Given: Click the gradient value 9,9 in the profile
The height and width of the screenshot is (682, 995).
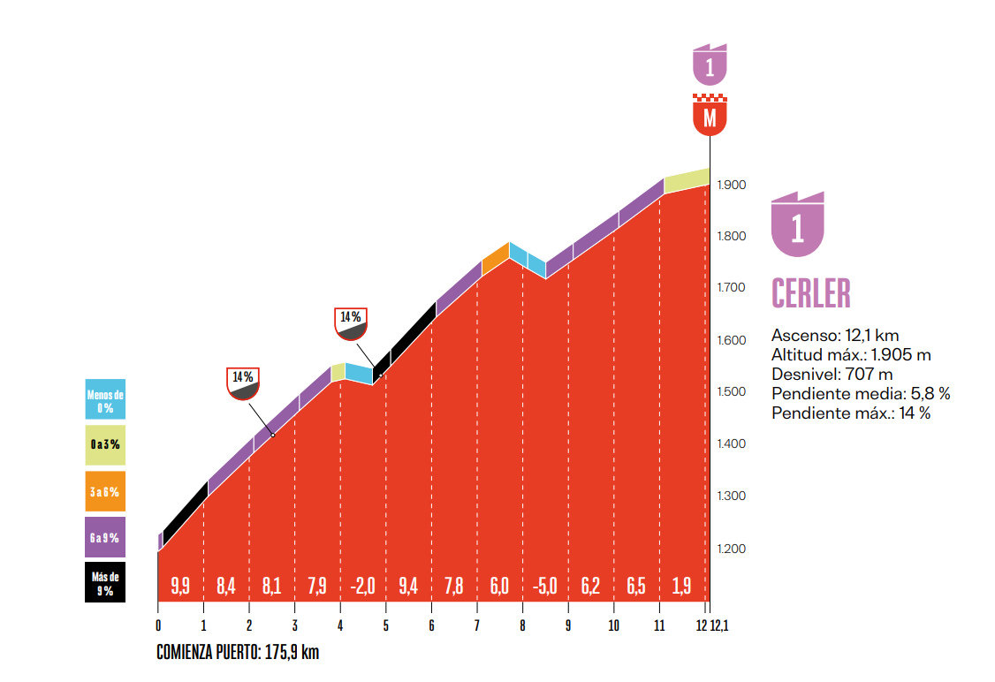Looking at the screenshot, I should coord(180,584).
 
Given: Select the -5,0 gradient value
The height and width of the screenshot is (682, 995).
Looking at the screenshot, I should coord(545,584).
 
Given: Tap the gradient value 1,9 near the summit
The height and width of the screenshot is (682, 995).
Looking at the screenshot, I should coord(682,584).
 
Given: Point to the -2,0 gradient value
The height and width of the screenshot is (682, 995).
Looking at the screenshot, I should coord(362,584).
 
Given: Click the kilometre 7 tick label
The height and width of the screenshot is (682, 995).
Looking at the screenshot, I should coord(477,625).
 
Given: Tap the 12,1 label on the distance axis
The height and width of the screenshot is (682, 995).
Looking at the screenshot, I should coord(720,625).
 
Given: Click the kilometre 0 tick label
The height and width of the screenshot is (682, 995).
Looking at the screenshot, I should coord(158,625).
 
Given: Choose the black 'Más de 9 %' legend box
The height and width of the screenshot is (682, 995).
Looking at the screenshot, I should coord(105,582).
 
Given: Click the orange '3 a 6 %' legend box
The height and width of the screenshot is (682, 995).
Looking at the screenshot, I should coord(105,491).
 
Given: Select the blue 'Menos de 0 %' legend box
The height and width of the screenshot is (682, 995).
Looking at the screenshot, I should coord(105,400).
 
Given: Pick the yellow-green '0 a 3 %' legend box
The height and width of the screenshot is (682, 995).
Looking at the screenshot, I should coord(105,445).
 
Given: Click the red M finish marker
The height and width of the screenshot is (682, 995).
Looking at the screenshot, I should coord(710,117).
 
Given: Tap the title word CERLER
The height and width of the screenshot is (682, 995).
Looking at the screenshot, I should coord(810,294).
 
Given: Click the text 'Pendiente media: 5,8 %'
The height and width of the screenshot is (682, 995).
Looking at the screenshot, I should coord(860,393).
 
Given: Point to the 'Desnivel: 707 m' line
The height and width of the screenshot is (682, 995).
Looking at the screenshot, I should coord(832,374).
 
